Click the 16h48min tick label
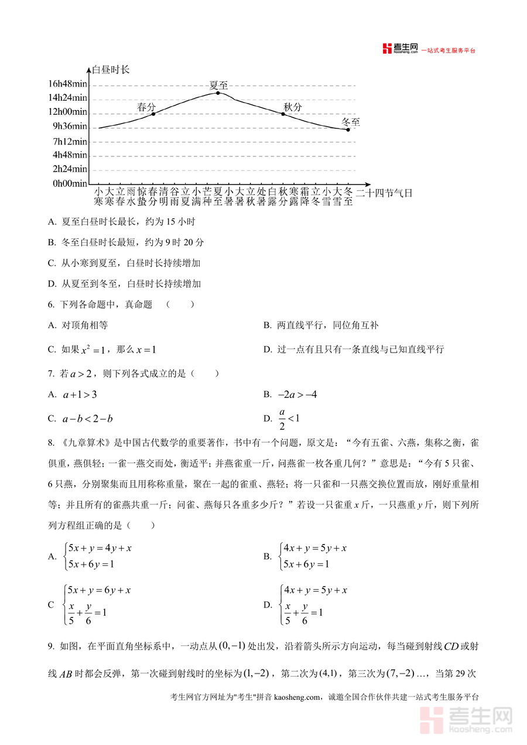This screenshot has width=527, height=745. click(x=67, y=84)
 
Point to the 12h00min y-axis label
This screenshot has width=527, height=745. click(x=67, y=112)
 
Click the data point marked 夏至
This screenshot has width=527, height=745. click(x=218, y=93)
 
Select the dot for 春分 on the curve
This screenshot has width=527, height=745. click(x=153, y=114)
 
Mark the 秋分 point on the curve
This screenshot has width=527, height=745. click(x=283, y=114)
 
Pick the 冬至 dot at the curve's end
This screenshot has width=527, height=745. click(x=348, y=129)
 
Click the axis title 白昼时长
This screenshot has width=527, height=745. click(x=111, y=70)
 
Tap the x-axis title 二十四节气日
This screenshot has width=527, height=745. click(x=384, y=192)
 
